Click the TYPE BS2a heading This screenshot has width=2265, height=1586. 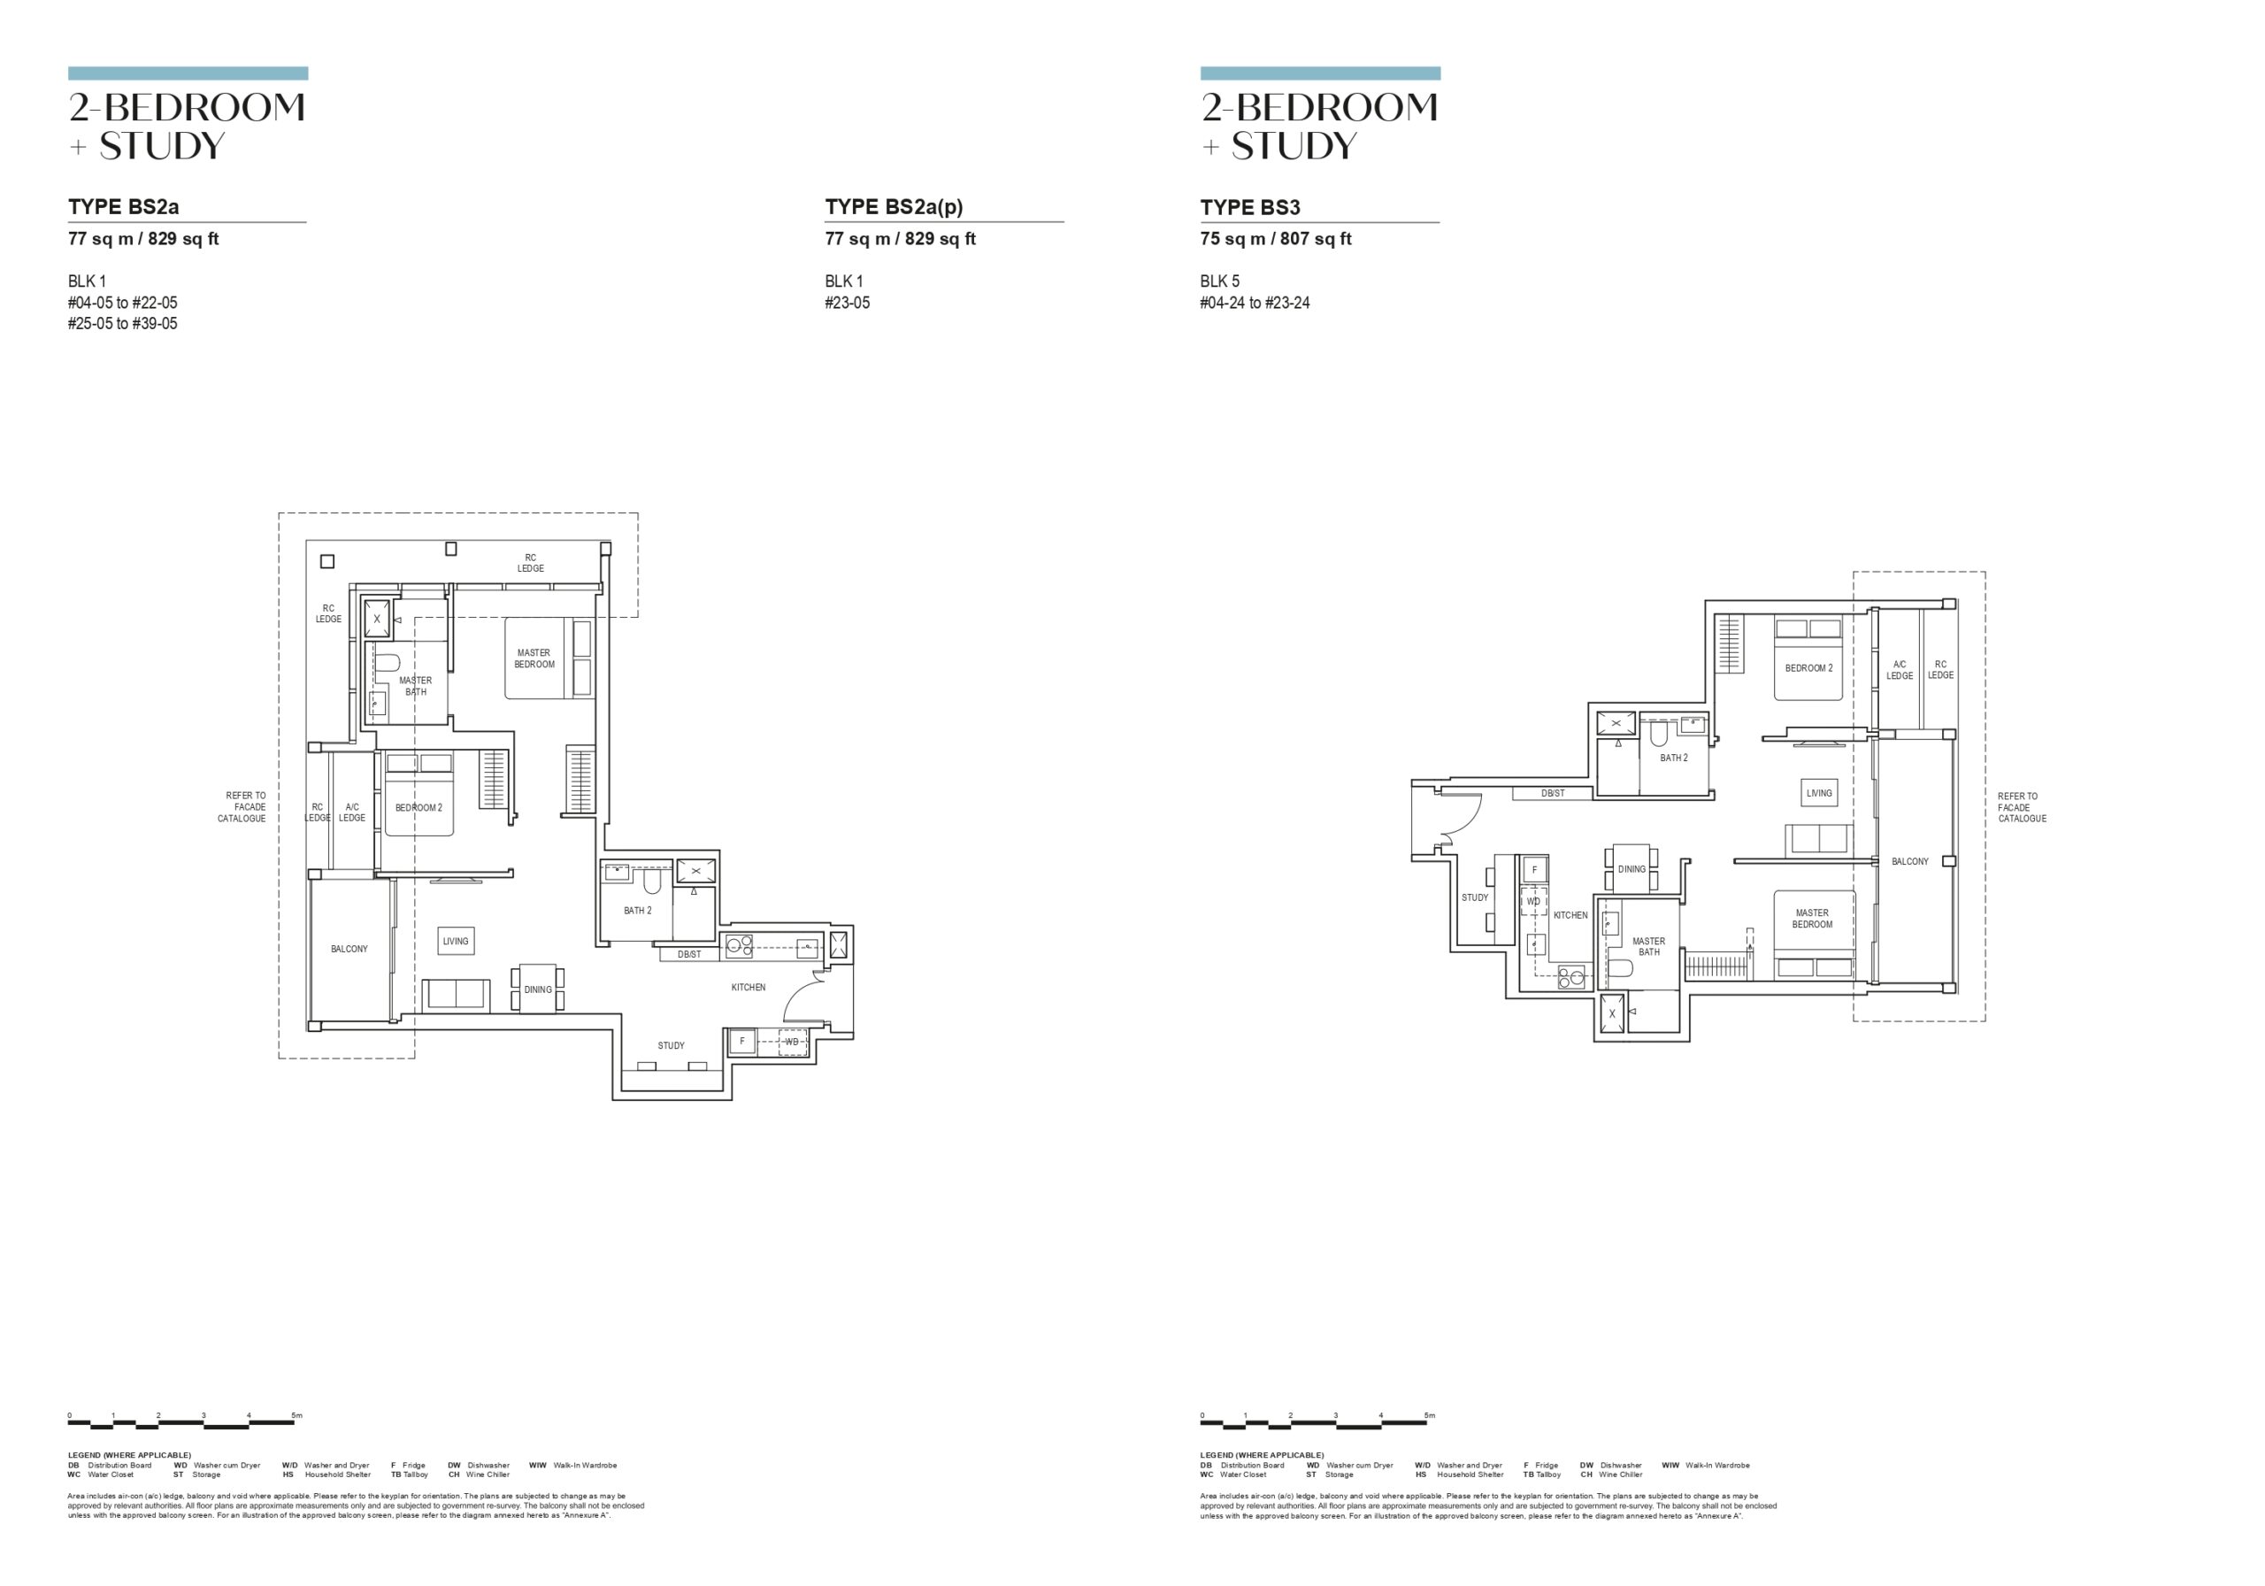point(123,207)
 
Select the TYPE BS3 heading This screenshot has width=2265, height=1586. point(1250,207)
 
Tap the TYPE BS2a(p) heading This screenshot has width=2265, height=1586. point(894,207)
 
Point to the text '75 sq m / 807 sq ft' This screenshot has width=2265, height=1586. point(1276,239)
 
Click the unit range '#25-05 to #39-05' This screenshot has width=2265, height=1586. point(122,324)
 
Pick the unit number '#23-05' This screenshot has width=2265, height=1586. point(848,303)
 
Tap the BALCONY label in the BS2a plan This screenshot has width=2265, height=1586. point(349,950)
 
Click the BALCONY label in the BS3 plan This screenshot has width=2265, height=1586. point(1910,862)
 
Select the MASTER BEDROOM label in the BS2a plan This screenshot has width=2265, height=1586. point(534,658)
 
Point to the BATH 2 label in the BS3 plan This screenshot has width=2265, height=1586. point(1674,758)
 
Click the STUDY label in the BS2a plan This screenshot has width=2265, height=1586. point(671,1045)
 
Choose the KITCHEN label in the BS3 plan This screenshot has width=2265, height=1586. point(1570,915)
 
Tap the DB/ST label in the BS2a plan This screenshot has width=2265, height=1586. point(689,954)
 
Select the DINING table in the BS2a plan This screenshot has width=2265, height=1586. point(538,988)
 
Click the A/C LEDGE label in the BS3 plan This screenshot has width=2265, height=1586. point(1900,670)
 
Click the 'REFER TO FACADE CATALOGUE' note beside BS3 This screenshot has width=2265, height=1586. point(2023,807)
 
